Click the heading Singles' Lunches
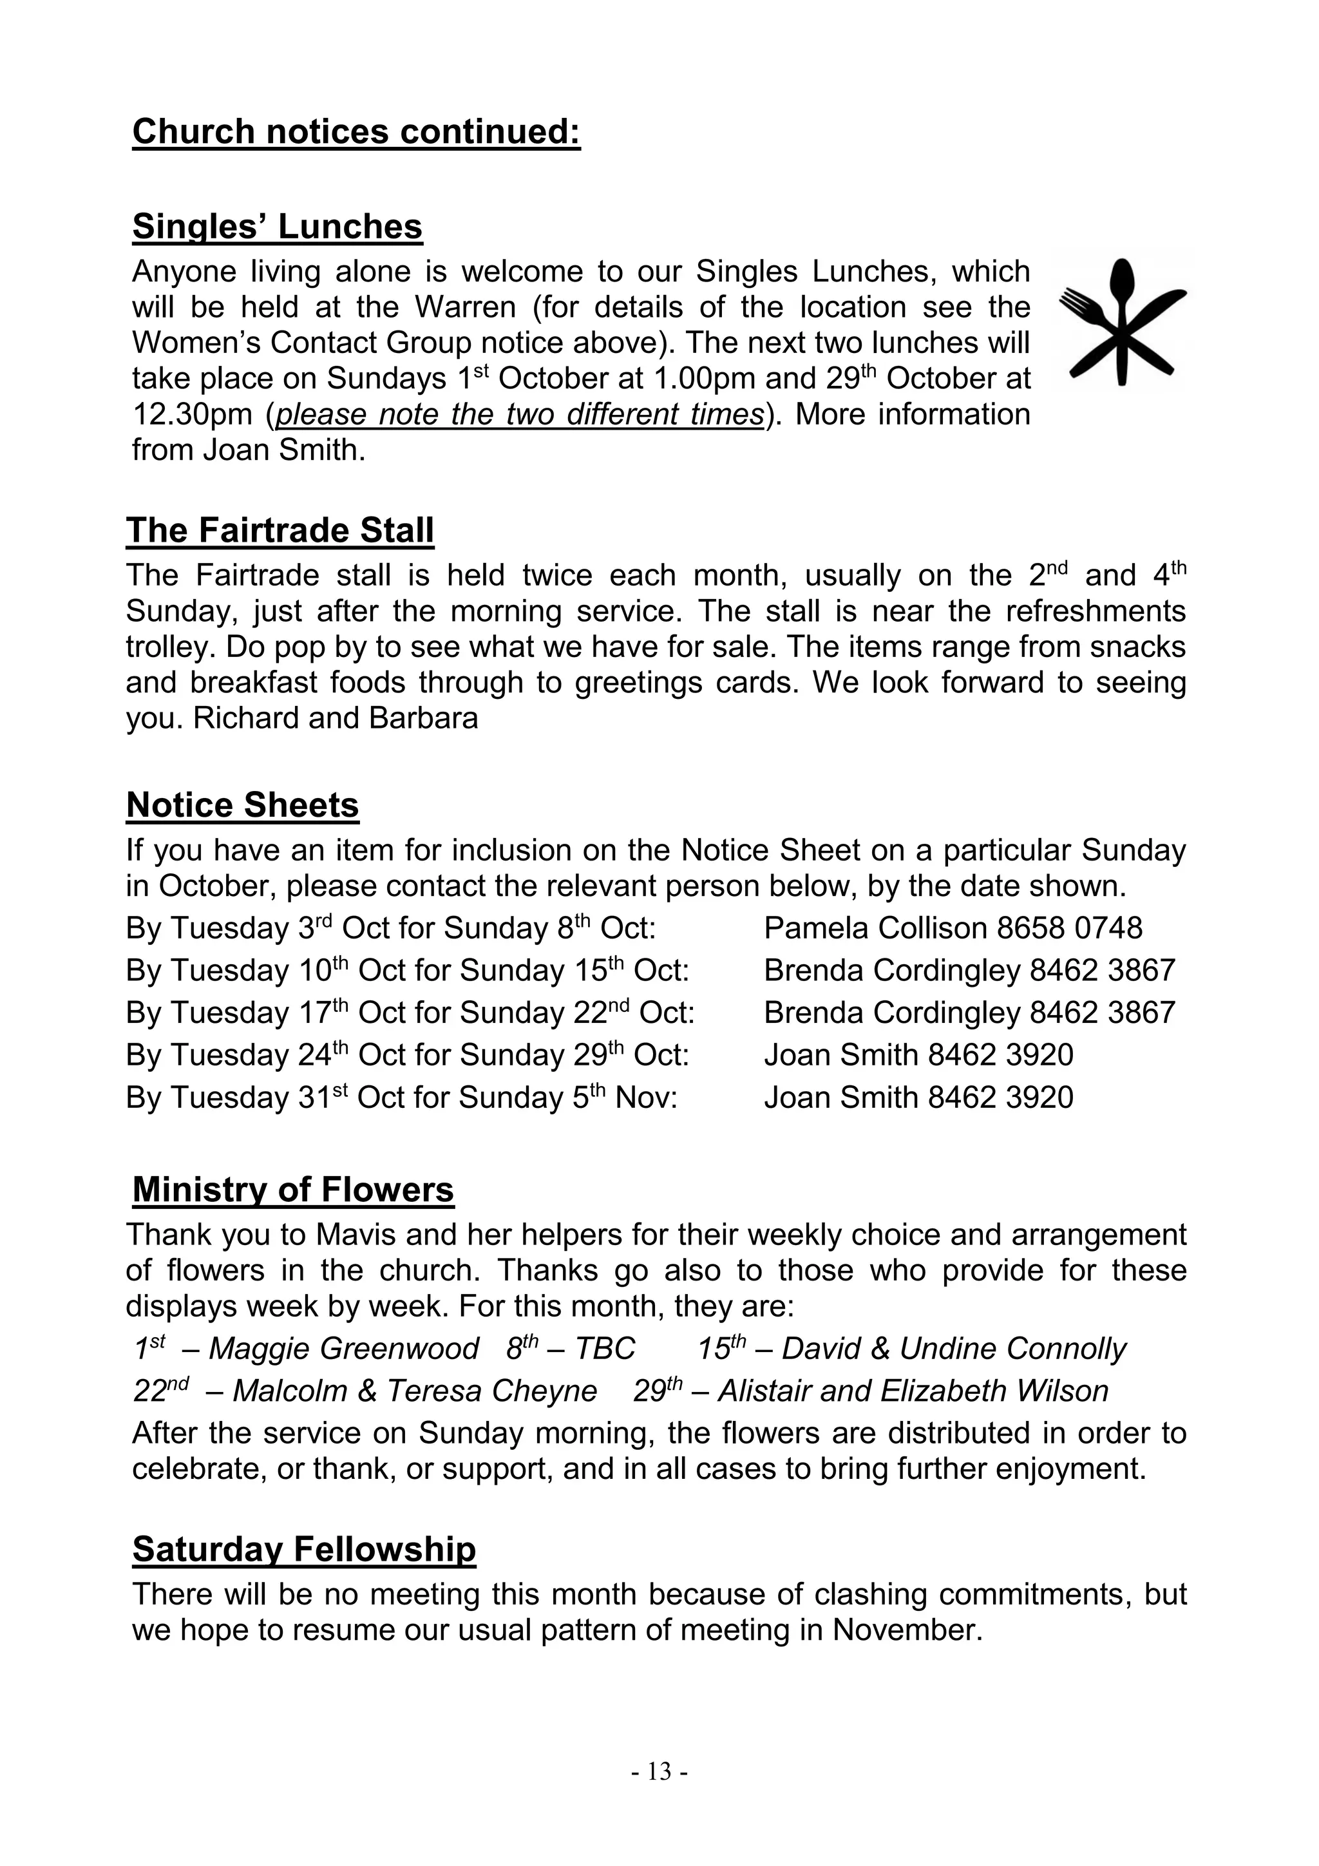click(277, 227)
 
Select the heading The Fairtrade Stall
click(280, 531)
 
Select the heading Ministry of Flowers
click(292, 1190)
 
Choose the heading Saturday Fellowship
click(304, 1549)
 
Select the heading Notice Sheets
click(242, 805)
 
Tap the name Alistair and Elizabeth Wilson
click(913, 1391)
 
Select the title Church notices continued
click(356, 131)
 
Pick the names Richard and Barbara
click(336, 718)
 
